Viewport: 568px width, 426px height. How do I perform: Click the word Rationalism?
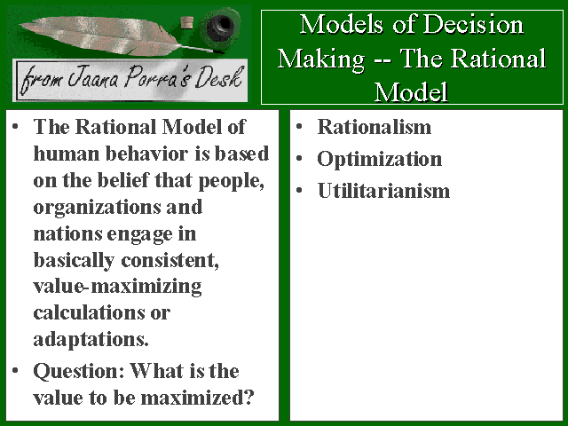pyautogui.click(x=375, y=127)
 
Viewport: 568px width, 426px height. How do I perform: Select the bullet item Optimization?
pyautogui.click(x=379, y=159)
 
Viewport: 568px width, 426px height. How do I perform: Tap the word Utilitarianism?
pyautogui.click(x=383, y=191)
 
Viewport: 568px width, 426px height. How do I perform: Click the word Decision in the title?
pyautogui.click(x=473, y=25)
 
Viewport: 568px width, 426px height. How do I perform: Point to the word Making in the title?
pyautogui.click(x=321, y=59)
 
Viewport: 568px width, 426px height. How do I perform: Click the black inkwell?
pyautogui.click(x=219, y=27)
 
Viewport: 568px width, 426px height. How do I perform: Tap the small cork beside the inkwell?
pyautogui.click(x=187, y=22)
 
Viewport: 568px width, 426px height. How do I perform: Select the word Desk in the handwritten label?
pyautogui.click(x=219, y=77)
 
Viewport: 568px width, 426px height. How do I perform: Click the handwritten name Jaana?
pyautogui.click(x=92, y=78)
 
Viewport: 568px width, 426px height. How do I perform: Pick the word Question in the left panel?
pyautogui.click(x=79, y=372)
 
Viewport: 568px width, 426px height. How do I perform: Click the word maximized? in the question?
pyautogui.click(x=197, y=398)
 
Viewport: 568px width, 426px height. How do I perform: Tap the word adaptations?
pyautogui.click(x=91, y=340)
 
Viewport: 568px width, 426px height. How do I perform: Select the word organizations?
pyautogui.click(x=97, y=208)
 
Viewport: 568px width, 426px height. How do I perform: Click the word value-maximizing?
pyautogui.click(x=117, y=287)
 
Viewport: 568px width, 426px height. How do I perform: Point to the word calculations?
pyautogui.click(x=89, y=312)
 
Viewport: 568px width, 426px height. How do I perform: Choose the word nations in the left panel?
pyautogui.click(x=67, y=233)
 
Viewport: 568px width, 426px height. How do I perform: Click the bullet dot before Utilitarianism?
pyautogui.click(x=299, y=190)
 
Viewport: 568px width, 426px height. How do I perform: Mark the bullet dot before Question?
pyautogui.click(x=15, y=370)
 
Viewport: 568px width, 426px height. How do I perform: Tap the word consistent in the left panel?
pyautogui.click(x=170, y=260)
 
